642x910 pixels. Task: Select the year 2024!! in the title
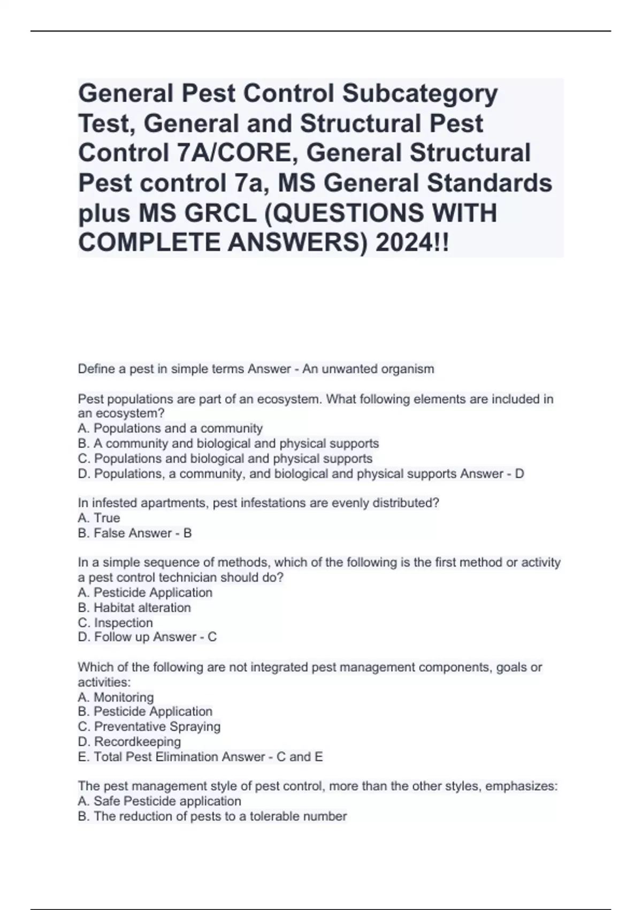coord(412,244)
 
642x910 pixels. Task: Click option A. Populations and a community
coord(170,428)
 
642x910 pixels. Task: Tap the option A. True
coord(99,518)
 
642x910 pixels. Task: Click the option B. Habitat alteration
coord(134,608)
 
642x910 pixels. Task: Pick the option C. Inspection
coord(115,623)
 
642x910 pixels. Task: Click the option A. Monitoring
coord(116,697)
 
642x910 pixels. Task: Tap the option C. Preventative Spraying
coord(149,726)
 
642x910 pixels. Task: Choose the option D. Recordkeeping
coord(129,741)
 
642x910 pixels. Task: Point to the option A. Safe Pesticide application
coord(159,801)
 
